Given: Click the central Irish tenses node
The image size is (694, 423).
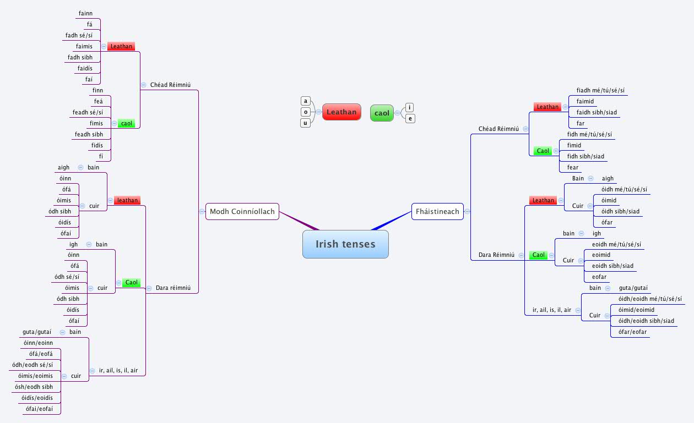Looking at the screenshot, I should point(345,244).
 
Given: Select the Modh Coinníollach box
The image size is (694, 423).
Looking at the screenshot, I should point(242,211).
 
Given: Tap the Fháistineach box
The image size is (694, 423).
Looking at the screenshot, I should point(437,211).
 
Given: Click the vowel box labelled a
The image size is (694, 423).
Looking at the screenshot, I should point(306,101).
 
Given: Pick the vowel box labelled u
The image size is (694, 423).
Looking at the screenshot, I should point(306,123).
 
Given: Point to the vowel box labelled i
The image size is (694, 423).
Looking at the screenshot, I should point(410,107).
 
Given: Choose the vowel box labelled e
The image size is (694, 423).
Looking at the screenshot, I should point(410,118).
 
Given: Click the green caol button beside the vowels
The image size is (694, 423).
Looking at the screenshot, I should point(382,113).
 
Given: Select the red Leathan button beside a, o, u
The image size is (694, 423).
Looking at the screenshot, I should point(341,112).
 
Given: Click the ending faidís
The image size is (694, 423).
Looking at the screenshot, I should point(89,68).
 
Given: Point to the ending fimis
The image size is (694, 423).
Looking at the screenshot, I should point(96,123).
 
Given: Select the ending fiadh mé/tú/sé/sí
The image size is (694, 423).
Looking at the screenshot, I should point(600,91).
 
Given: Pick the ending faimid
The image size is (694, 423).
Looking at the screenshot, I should point(585,101).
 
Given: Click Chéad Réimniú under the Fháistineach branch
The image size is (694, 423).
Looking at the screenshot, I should point(498,129).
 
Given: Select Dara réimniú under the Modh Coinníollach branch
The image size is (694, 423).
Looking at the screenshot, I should point(173,288).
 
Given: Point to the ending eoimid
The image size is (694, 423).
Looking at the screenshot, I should point(601,255).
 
